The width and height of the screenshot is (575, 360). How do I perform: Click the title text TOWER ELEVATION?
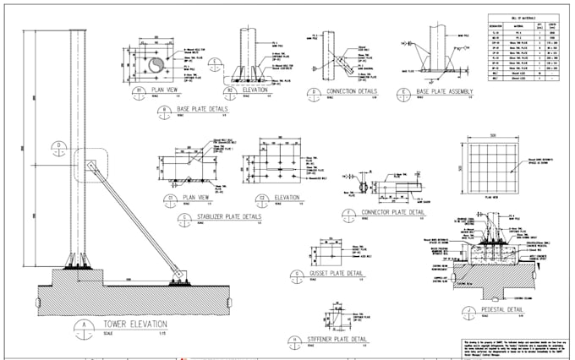tap(135, 325)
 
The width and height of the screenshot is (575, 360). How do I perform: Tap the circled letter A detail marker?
tap(85, 326)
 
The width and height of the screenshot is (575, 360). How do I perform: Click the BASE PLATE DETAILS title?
tap(202, 109)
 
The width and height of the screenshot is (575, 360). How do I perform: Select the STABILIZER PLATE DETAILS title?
tap(227, 217)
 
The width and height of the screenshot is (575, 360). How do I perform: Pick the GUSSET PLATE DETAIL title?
tap(333, 274)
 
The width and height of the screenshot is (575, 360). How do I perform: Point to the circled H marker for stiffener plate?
tap(295, 340)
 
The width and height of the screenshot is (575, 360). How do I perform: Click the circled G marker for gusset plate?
tap(297, 275)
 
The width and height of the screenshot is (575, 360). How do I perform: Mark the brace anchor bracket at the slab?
tap(178, 272)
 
